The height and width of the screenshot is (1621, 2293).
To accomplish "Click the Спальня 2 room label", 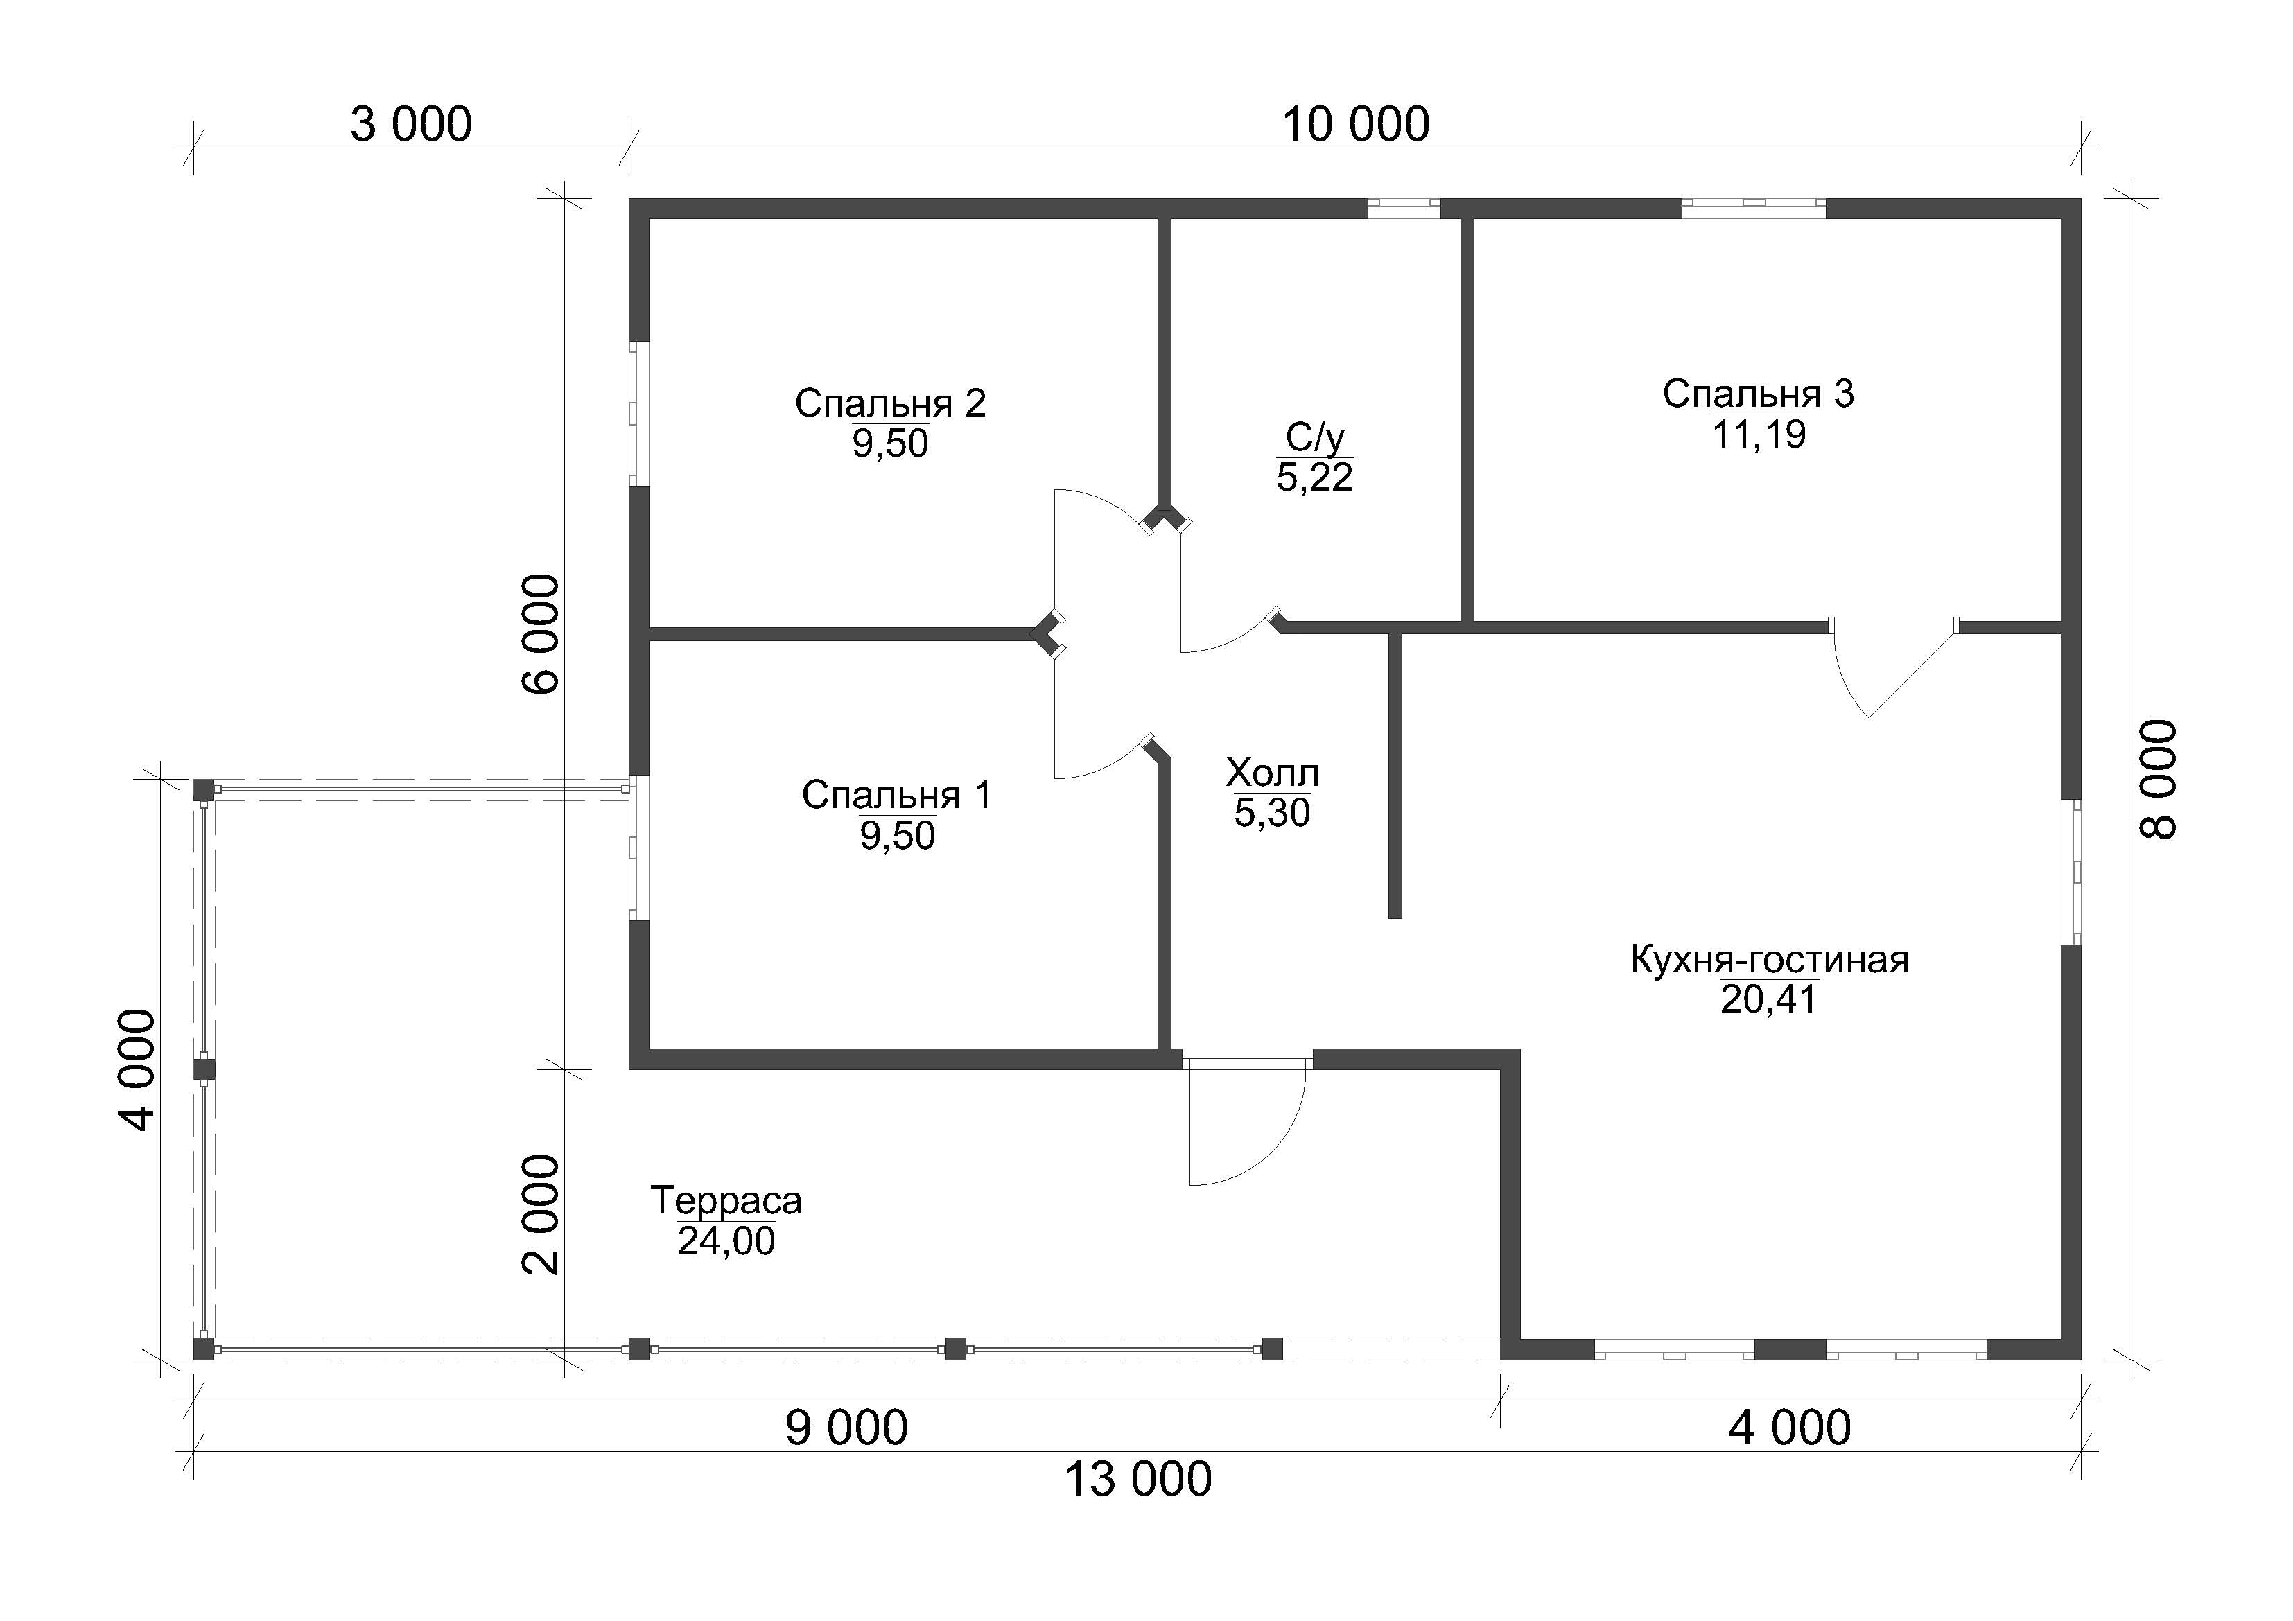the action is (890, 403).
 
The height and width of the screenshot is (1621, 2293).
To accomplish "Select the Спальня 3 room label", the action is (1758, 394).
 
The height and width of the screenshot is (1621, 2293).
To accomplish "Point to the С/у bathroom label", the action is (1314, 437).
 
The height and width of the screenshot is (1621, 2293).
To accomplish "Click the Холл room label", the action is (1273, 774).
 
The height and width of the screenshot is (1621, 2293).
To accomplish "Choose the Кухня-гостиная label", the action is (1770, 960).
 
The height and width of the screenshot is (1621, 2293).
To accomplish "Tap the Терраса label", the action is (726, 1200).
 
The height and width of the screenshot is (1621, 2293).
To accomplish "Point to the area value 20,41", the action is (1769, 1000).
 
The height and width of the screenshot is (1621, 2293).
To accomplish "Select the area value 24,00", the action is (726, 1241).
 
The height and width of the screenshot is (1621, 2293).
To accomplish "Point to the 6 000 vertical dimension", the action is (540, 634).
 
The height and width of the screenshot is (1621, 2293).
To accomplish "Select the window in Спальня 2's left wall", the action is (639, 414).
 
